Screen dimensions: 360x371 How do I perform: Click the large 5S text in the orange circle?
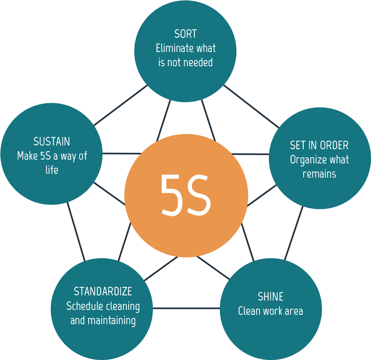coord(186,195)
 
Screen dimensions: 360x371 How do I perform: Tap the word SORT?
coord(185,34)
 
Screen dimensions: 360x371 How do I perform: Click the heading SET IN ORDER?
coord(319,145)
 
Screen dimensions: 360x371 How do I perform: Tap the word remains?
coord(319,174)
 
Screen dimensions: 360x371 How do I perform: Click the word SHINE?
coord(270,297)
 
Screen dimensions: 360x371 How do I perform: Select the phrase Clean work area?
coord(270,311)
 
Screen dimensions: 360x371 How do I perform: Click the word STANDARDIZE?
coord(103,291)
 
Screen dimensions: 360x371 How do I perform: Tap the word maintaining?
coord(112,320)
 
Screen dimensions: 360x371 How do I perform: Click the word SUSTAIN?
coord(52,142)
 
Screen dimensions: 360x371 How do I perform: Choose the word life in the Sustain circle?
coord(52,170)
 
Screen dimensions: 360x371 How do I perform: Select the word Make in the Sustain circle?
coord(27,156)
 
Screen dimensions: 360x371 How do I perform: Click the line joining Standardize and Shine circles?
coord(186,308)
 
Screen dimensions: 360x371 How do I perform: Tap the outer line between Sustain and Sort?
coord(120,105)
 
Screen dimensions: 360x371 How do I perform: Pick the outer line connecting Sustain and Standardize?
coord(76,232)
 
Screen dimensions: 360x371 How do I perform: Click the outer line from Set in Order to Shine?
coord(294,233)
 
